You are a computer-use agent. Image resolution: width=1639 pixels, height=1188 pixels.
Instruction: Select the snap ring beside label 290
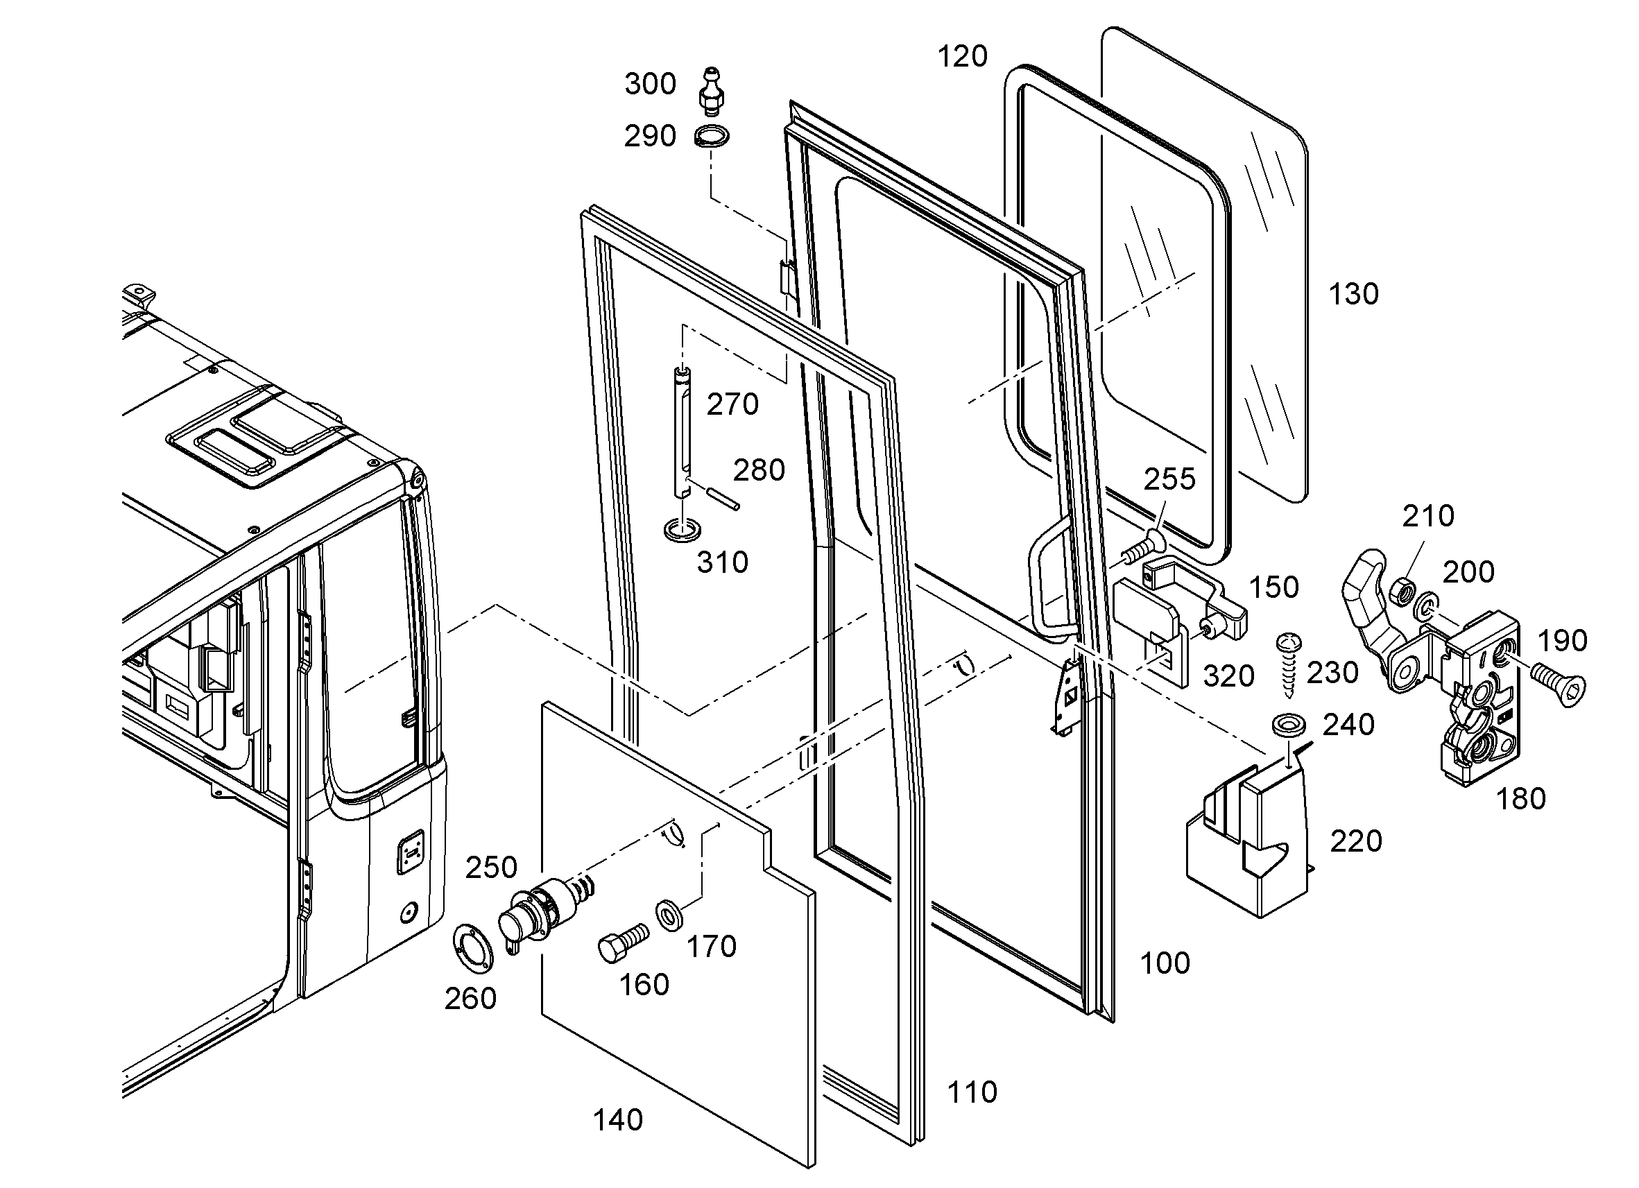712,136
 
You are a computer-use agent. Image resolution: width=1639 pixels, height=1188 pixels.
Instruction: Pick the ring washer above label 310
681,530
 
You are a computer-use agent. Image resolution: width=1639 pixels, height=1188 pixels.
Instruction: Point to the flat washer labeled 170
672,916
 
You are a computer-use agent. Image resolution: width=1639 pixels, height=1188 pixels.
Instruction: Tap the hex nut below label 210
1402,589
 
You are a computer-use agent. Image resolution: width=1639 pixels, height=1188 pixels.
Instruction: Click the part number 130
1353,294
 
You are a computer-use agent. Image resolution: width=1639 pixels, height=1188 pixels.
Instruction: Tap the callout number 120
963,55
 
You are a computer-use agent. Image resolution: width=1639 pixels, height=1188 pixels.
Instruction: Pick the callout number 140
618,1120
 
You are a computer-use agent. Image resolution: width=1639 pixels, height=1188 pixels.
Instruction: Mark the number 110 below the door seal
972,1092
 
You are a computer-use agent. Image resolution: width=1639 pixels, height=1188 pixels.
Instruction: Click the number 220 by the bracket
1357,841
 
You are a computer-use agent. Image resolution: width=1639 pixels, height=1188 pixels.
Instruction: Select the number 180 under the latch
1520,798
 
